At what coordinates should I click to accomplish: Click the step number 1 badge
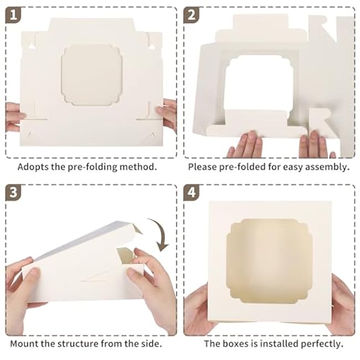[13, 15]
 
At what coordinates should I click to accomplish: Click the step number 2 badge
[191, 15]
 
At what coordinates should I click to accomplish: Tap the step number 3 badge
[13, 192]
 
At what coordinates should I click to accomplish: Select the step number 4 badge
[191, 192]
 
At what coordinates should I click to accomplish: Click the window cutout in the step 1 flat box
[91, 75]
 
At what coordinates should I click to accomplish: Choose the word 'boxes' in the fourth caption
[234, 344]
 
